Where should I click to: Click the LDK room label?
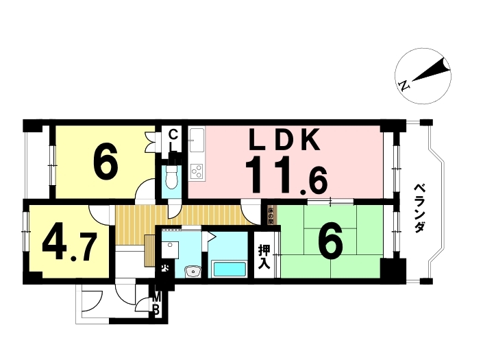[284, 141]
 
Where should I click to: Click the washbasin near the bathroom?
[193, 271]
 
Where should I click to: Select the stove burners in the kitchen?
[197, 170]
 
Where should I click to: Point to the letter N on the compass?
[404, 86]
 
